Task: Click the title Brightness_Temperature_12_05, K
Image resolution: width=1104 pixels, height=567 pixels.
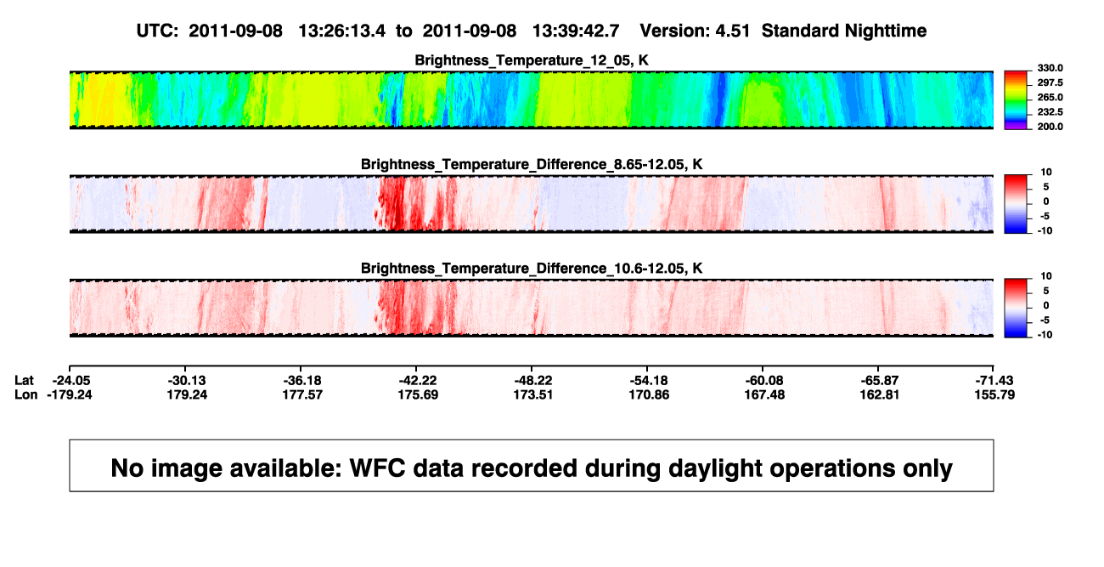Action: [532, 60]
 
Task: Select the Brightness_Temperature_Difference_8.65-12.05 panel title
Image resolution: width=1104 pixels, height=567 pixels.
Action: [532, 164]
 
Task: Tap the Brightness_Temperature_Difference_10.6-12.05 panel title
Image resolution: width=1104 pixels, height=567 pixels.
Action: [532, 269]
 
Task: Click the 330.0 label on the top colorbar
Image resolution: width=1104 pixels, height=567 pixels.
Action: [1050, 68]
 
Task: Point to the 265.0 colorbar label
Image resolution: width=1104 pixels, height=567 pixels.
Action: [1050, 97]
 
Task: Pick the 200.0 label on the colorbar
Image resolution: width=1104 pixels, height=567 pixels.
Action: [1050, 127]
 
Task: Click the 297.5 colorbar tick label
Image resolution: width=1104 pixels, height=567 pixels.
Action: [1050, 82]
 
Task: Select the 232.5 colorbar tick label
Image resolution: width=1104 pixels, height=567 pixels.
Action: [1050, 112]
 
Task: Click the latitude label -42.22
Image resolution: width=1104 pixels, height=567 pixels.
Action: [418, 381]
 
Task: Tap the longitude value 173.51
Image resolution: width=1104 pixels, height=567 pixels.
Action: [532, 394]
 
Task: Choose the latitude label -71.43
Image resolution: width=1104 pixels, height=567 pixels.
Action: [994, 381]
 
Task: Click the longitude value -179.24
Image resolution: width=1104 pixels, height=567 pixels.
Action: [70, 394]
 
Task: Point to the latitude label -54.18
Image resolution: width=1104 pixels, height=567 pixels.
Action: [649, 381]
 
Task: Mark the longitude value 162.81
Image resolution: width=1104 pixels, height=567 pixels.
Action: [880, 394]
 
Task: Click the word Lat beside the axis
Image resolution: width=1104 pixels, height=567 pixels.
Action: [24, 381]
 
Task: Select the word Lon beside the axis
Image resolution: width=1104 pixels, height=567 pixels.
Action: [25, 394]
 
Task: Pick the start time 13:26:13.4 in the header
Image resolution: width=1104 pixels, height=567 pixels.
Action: [342, 31]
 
